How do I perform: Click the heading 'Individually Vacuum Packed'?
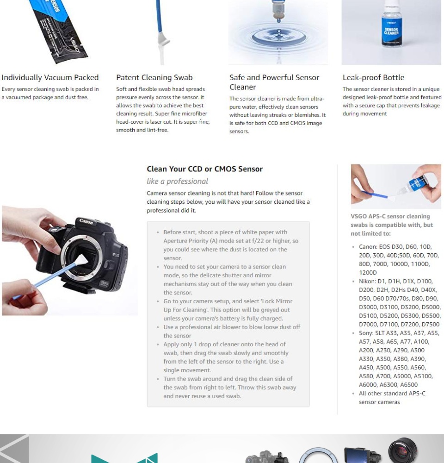tap(50, 78)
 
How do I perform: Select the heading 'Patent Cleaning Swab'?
tap(154, 78)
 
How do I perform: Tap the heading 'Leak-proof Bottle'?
tap(373, 78)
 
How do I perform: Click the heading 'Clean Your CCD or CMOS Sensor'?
tap(205, 169)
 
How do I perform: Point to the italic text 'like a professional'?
tap(177, 181)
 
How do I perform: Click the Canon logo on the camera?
tap(86, 221)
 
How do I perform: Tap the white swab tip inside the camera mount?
tap(81, 261)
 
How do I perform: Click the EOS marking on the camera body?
tap(116, 255)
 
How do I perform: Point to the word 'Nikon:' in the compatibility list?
tap(367, 281)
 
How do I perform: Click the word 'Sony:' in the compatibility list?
tap(366, 333)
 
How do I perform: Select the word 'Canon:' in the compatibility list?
tap(368, 247)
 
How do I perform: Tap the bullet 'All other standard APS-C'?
tap(392, 393)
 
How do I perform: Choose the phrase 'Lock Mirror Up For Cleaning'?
tap(228, 305)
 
